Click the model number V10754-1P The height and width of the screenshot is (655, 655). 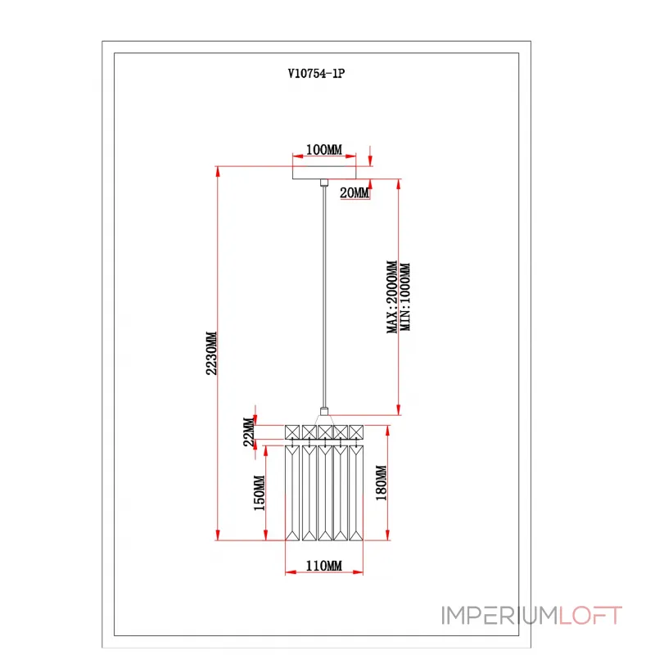click(x=316, y=74)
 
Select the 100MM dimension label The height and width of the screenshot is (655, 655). click(x=323, y=150)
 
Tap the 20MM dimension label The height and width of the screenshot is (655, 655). click(x=355, y=192)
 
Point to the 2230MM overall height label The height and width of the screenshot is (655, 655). click(x=211, y=353)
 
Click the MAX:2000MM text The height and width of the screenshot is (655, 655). click(x=392, y=297)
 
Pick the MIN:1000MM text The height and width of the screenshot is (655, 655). click(x=405, y=297)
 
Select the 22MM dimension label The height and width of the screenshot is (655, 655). click(x=249, y=432)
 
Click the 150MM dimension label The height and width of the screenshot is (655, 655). click(x=260, y=493)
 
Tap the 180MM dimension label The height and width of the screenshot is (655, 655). click(x=381, y=483)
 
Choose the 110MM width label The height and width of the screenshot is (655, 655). click(x=323, y=566)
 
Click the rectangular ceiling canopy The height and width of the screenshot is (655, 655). click(x=324, y=173)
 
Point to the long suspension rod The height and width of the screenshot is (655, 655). click(x=323, y=296)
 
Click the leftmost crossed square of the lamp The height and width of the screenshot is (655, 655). click(x=292, y=432)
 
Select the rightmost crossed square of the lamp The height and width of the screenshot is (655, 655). click(x=356, y=432)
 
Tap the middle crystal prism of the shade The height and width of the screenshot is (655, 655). click(x=325, y=493)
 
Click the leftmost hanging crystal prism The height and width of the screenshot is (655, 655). click(x=292, y=493)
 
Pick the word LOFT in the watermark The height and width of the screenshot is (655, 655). click(x=590, y=616)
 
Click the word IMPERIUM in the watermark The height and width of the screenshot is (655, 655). click(x=500, y=616)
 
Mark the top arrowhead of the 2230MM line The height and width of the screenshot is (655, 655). click(x=218, y=172)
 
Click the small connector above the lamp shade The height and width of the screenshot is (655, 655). click(x=323, y=412)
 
